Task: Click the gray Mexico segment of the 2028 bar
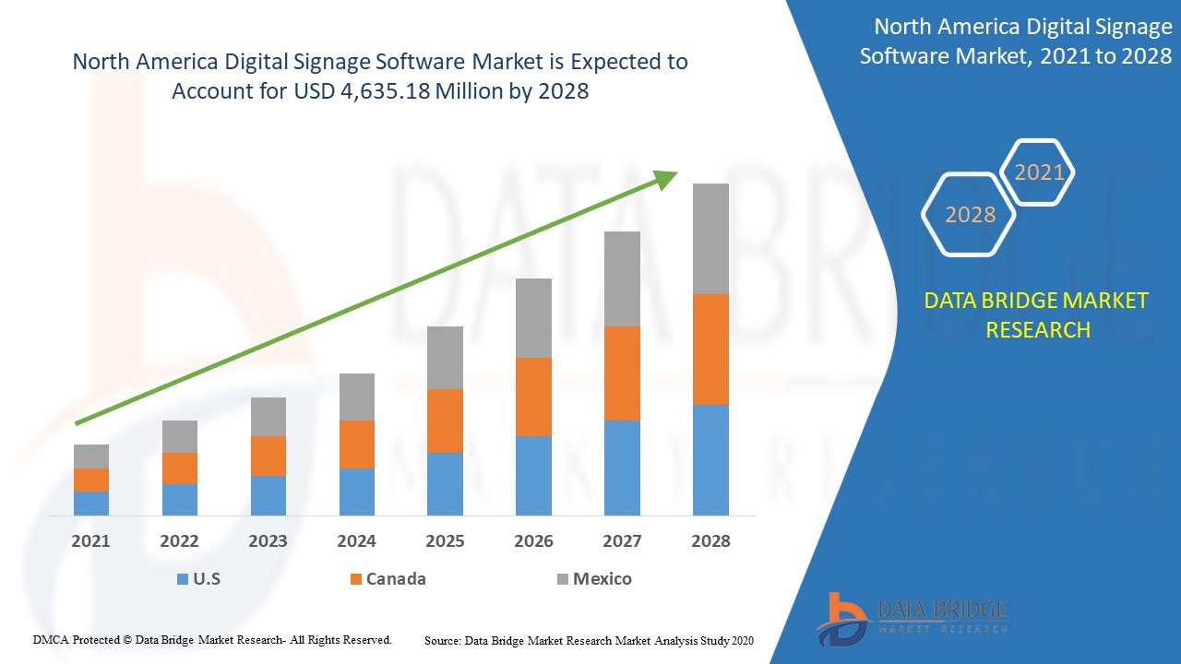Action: (710, 238)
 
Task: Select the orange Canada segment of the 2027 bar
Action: (622, 373)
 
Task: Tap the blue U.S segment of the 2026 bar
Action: (533, 475)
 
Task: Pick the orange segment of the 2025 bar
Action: (445, 421)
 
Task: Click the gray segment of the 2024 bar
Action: (357, 397)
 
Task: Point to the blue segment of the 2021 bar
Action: (91, 503)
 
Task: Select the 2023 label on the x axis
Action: (268, 541)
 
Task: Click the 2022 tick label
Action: (179, 541)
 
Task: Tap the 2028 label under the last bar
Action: (710, 541)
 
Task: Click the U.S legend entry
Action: (197, 579)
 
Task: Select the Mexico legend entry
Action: (593, 579)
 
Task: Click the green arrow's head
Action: (666, 178)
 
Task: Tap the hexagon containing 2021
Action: (1039, 172)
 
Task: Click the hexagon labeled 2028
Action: (970, 215)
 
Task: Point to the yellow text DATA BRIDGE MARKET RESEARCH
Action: (1037, 314)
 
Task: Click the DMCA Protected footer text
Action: (212, 639)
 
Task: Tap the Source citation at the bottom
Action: (589, 639)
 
